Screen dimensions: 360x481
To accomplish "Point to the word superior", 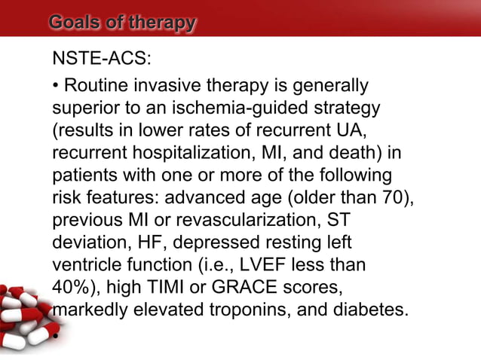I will pos(84,109).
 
